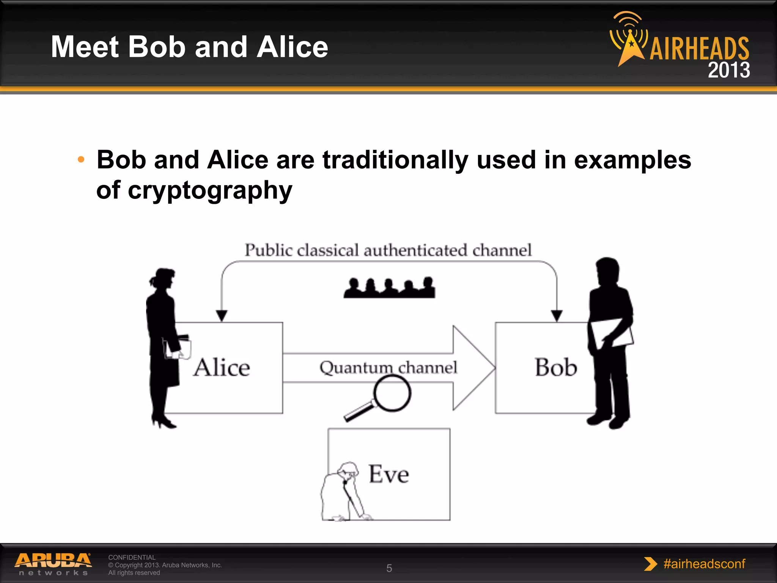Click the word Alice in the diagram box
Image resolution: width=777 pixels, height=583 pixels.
pos(222,367)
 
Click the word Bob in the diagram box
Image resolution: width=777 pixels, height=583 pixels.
pos(556,367)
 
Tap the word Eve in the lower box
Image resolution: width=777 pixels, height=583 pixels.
pos(389,474)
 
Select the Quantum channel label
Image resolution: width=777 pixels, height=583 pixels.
pos(388,367)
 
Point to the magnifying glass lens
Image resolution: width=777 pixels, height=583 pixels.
pos(392,393)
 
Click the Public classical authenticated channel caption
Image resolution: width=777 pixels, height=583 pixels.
pos(388,250)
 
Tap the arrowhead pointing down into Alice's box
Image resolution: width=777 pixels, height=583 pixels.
pos(222,315)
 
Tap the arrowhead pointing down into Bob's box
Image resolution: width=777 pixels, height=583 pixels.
pos(557,315)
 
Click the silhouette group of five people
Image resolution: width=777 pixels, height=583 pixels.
pos(389,288)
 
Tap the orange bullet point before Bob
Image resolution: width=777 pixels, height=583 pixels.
pos(81,159)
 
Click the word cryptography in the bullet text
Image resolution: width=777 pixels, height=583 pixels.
pos(210,190)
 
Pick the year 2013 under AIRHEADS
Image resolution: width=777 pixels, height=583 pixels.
pos(728,70)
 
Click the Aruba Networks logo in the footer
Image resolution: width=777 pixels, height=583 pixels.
pos(53,564)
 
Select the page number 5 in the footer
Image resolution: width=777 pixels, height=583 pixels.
pos(389,568)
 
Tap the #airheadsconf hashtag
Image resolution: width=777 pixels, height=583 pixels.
pos(704,564)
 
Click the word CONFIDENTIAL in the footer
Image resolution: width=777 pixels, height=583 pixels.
pos(132,557)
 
